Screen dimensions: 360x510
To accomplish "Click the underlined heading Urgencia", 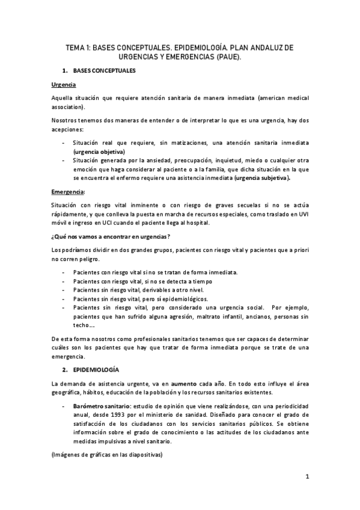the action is point(63,85).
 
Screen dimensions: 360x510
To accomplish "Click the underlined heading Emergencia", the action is point(68,192).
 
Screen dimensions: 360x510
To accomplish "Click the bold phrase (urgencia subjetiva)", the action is point(263,178).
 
